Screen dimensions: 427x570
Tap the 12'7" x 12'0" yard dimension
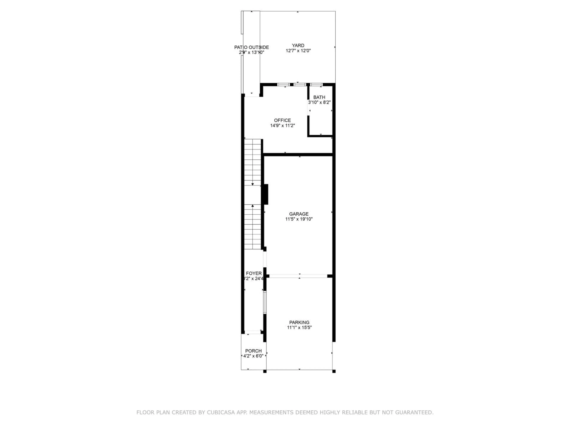click(298, 51)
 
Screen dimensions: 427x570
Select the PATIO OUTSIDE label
click(251, 47)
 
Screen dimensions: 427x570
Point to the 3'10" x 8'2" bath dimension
click(319, 102)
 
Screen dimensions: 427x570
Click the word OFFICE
click(282, 120)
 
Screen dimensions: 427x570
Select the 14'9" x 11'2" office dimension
click(282, 126)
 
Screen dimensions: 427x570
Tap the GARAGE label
click(299, 214)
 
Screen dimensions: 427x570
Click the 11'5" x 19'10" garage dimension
click(299, 219)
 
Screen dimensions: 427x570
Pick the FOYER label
click(254, 273)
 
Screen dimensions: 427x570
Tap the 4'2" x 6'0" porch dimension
click(253, 356)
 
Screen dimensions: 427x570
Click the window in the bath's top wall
click(316, 84)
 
